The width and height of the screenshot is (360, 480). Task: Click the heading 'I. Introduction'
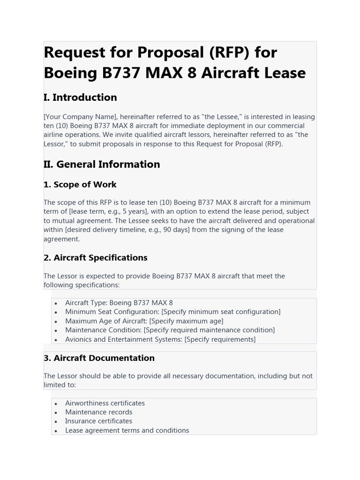(x=80, y=97)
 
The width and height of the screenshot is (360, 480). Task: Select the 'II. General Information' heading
(x=102, y=164)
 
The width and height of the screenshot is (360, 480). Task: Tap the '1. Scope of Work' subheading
(x=80, y=184)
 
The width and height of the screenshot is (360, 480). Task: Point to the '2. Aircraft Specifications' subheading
(x=96, y=257)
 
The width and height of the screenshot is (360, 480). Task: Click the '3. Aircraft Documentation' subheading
(x=99, y=358)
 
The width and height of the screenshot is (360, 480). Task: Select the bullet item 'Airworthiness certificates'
(x=105, y=403)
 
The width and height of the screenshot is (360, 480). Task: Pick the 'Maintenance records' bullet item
(x=99, y=412)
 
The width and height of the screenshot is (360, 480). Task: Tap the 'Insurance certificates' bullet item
(x=98, y=421)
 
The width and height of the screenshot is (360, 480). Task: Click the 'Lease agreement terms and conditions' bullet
(x=127, y=430)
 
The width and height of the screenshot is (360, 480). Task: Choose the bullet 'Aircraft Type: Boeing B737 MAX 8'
(x=119, y=303)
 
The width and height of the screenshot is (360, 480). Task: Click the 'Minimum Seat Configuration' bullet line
(x=172, y=312)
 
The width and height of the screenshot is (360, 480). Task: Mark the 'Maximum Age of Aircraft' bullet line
(x=144, y=321)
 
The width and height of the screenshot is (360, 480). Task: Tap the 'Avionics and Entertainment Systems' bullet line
(x=160, y=339)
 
